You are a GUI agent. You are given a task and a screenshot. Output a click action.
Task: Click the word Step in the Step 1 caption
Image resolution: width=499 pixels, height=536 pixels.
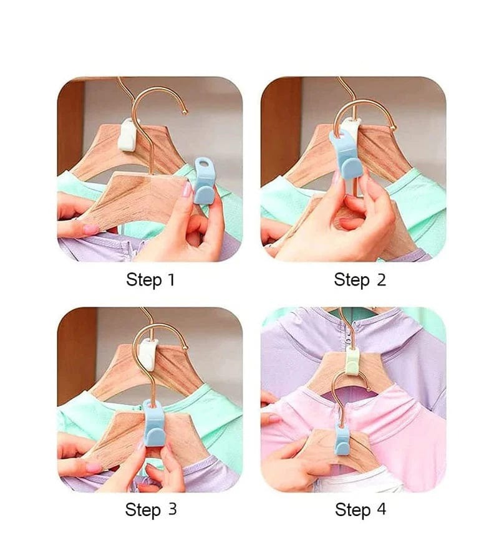143,280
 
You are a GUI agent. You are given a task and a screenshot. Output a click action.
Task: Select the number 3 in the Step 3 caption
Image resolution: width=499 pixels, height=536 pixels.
172,509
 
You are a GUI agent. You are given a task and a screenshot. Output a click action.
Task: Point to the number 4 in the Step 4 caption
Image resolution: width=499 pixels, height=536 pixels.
381,509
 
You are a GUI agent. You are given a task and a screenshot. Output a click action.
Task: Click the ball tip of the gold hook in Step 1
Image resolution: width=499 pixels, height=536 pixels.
185,112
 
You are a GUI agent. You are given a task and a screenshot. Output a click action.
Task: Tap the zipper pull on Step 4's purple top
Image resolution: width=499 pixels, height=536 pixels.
348,339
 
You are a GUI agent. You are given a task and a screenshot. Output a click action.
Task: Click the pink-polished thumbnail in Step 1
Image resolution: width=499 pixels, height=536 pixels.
187,190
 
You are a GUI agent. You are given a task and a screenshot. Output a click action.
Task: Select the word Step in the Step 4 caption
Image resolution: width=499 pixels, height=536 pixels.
352,510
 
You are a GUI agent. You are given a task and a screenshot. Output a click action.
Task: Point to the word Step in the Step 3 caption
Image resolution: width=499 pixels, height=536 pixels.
143,510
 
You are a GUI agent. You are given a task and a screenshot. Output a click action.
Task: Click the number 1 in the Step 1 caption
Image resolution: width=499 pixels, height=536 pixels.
171,280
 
